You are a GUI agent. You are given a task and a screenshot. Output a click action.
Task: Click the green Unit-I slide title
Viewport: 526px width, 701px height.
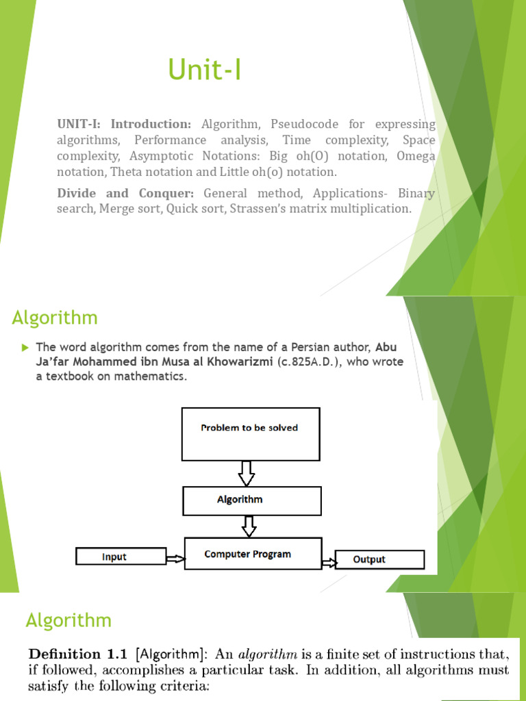click(x=205, y=70)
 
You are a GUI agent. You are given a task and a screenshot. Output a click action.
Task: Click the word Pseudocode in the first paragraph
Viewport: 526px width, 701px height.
click(x=301, y=125)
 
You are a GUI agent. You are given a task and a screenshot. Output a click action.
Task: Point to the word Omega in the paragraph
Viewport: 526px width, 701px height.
click(x=416, y=156)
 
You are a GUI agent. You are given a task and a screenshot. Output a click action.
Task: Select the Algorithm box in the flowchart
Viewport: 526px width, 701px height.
click(x=252, y=500)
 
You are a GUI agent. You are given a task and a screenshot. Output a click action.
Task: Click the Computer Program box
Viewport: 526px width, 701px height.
click(x=252, y=555)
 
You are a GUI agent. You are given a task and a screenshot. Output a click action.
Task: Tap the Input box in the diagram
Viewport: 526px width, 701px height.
click(x=121, y=557)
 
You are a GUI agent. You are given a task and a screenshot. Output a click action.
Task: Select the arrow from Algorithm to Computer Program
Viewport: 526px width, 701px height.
click(x=249, y=526)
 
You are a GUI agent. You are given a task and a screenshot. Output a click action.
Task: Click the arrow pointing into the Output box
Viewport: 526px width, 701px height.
click(x=329, y=562)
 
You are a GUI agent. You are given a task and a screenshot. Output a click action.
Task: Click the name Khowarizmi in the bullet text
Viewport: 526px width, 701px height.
click(x=240, y=361)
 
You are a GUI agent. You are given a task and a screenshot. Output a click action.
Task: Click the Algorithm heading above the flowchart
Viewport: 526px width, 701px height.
click(x=55, y=318)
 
